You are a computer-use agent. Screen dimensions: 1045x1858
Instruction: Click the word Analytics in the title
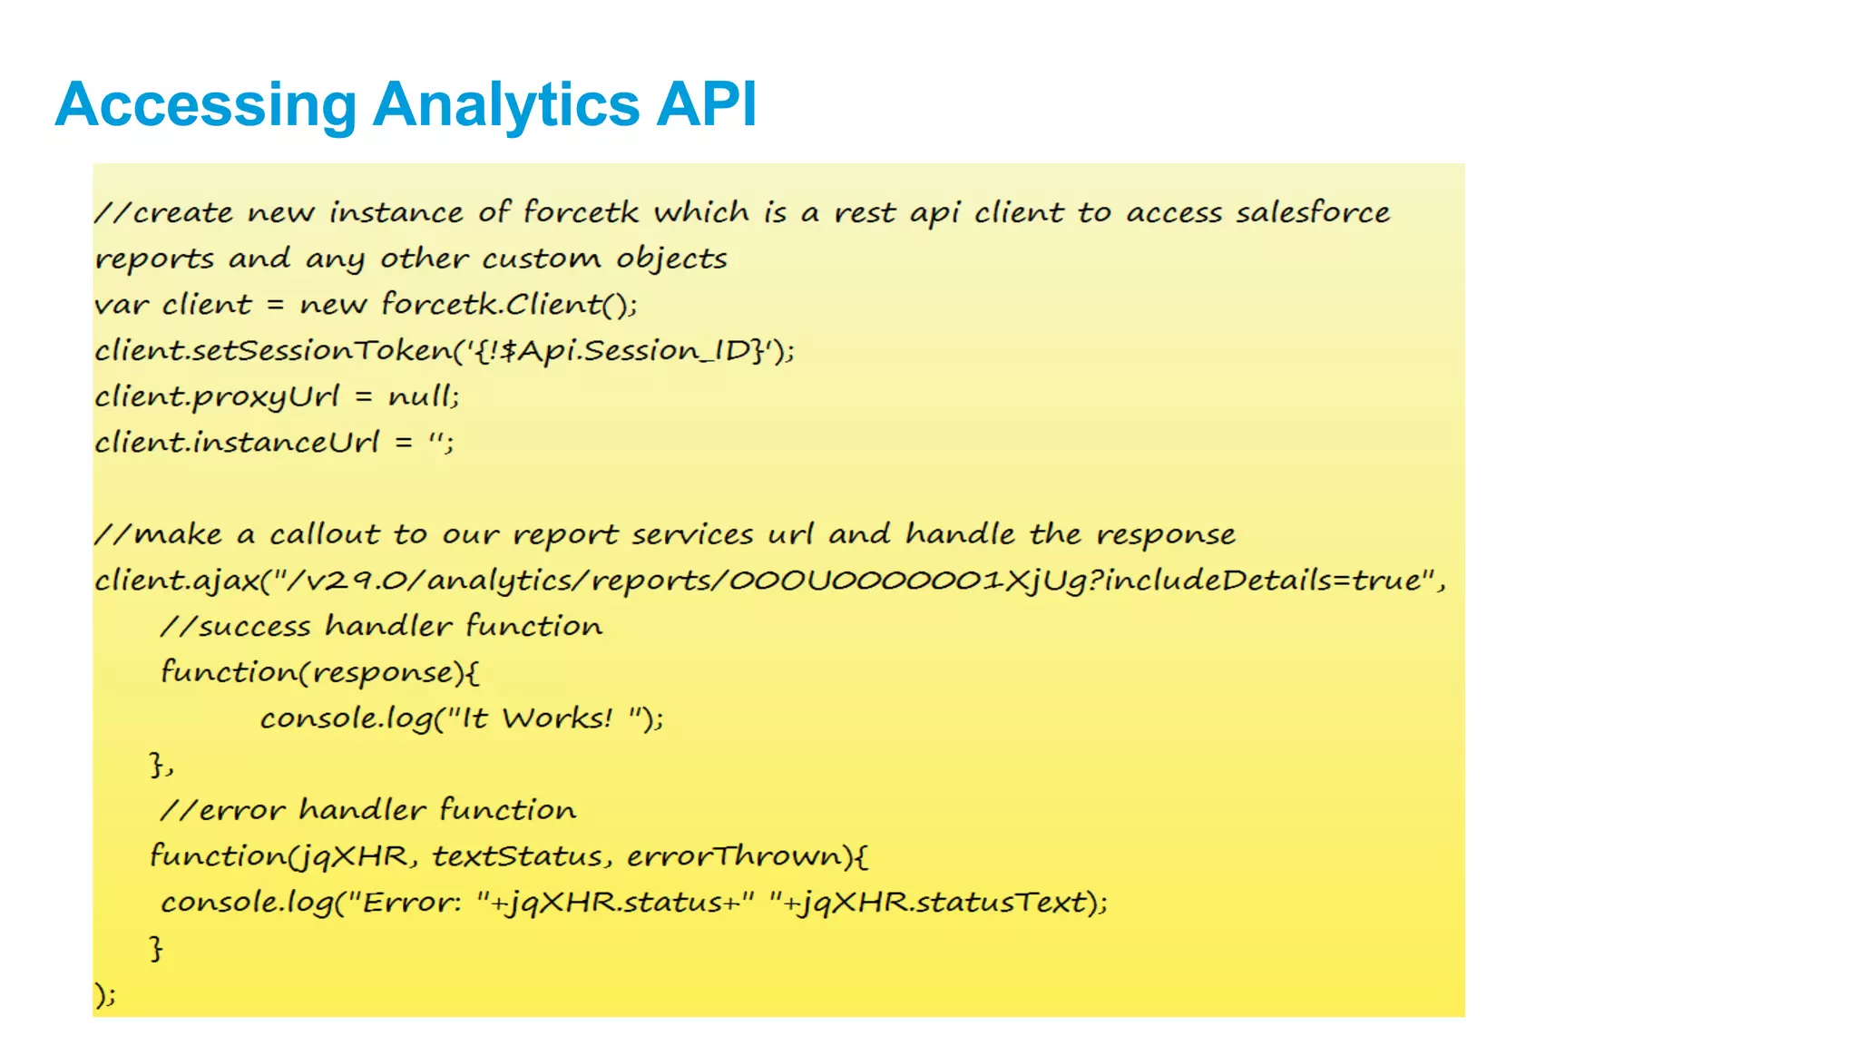506,104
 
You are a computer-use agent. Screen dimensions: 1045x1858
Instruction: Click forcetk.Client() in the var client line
508,304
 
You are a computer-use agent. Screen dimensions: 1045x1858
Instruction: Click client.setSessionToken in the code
272,350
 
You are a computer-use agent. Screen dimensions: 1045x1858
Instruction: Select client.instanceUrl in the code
236,443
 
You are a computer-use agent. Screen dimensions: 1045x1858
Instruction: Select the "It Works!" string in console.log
545,718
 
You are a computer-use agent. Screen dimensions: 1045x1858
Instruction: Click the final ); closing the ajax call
105,994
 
